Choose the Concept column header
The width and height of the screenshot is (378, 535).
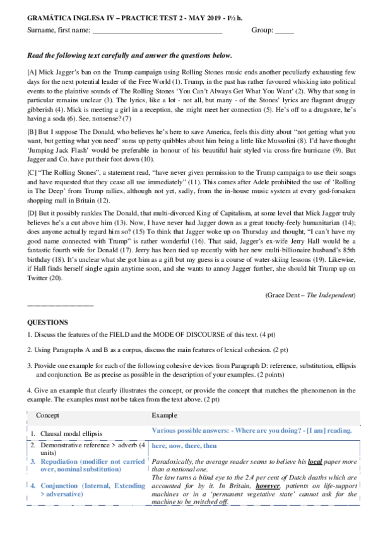[48, 416]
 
